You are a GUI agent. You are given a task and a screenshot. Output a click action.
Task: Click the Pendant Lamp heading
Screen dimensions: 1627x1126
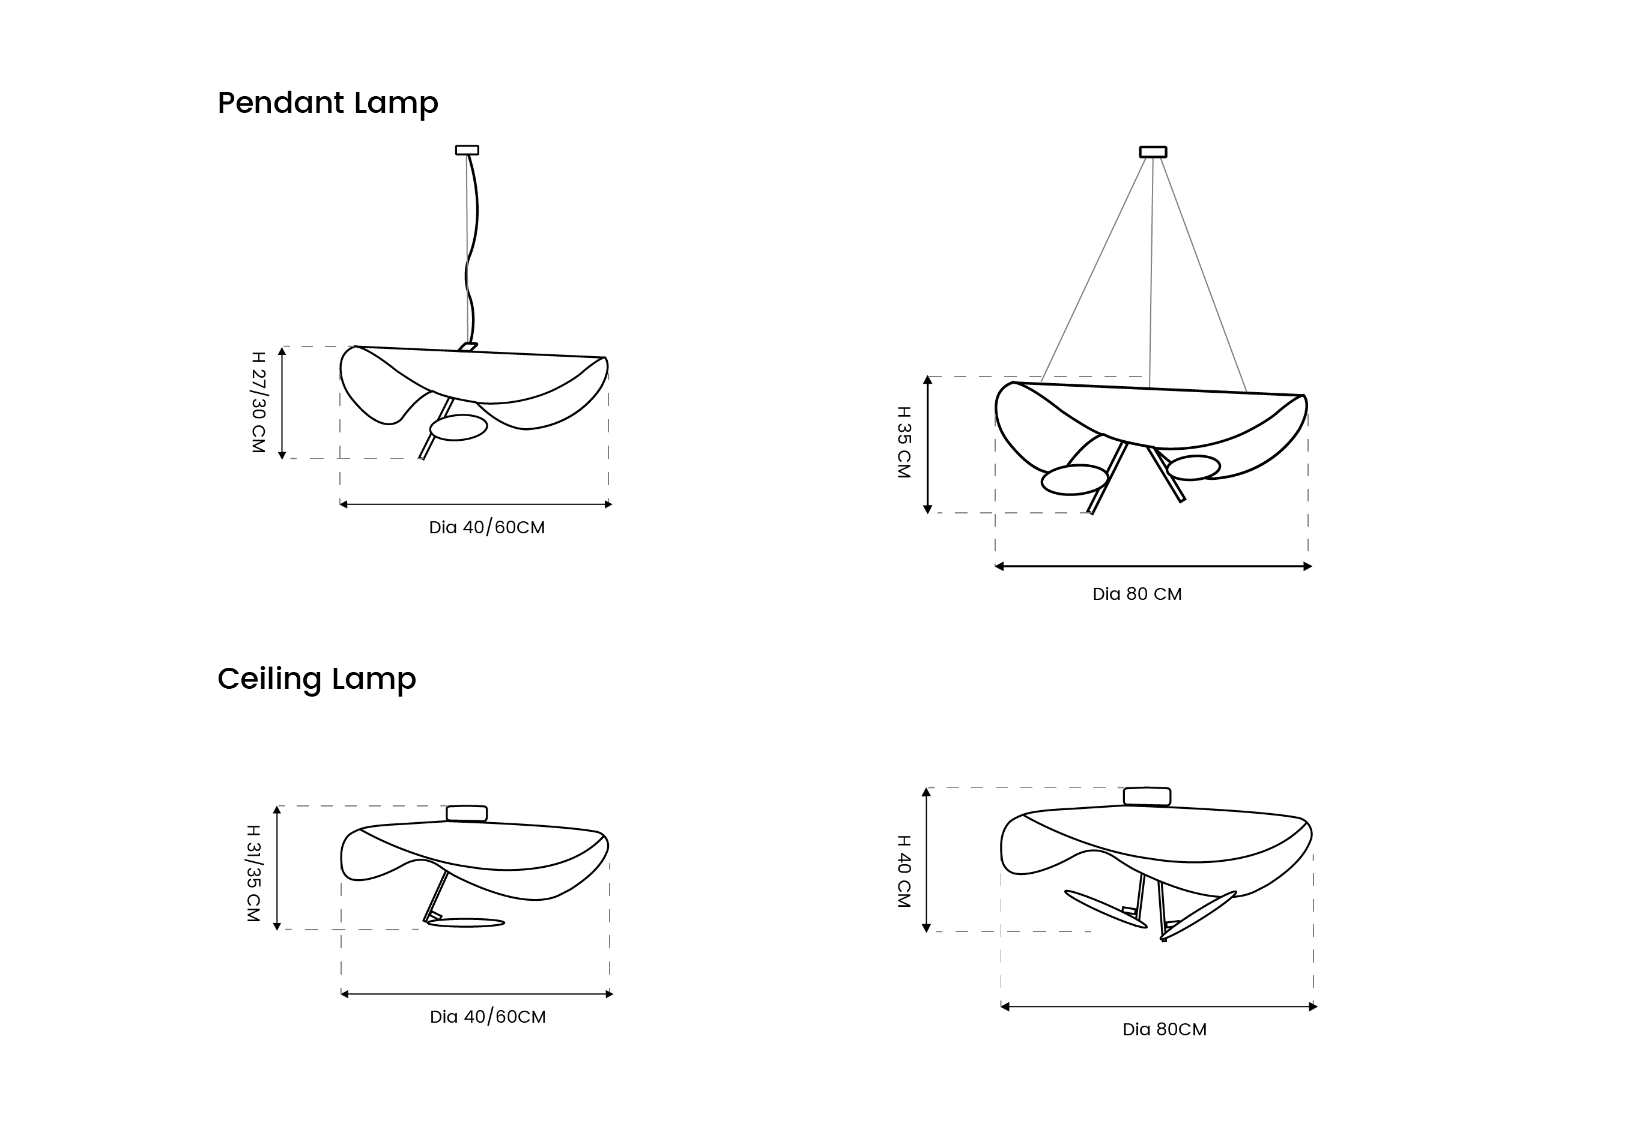point(328,103)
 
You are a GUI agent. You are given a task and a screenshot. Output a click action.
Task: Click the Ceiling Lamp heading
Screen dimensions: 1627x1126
point(317,679)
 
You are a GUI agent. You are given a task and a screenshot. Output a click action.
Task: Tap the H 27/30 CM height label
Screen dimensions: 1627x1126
point(258,402)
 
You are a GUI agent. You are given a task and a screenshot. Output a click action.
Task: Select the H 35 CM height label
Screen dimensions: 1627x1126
point(903,443)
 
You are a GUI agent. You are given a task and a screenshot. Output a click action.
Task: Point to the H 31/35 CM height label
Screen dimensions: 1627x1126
point(253,873)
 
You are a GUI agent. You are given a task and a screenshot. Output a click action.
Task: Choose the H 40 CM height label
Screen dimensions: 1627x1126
point(903,871)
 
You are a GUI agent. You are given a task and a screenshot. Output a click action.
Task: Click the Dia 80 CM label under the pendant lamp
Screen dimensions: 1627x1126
point(1137,594)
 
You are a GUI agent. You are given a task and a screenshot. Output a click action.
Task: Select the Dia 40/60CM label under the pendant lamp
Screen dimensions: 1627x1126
point(487,528)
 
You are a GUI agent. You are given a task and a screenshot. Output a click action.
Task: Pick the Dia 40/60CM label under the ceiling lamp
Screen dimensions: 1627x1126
point(488,1017)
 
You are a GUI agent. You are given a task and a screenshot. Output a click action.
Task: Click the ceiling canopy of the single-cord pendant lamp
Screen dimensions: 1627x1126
point(467,150)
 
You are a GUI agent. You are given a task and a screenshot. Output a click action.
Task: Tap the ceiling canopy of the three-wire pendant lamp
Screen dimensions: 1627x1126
point(1153,152)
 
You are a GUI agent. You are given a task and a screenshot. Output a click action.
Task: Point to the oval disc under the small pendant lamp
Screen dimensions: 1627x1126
point(459,428)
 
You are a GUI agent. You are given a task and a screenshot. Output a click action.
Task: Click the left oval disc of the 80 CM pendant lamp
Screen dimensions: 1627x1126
point(1074,480)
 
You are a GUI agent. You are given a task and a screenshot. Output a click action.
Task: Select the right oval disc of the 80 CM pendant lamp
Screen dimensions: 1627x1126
point(1193,468)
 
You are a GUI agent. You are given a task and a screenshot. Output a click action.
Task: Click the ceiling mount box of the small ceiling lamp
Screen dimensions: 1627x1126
point(467,814)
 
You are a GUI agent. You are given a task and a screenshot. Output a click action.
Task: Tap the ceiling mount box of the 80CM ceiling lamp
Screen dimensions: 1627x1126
point(1147,796)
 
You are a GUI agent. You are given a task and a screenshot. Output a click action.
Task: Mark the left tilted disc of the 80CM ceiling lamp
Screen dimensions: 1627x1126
point(1106,909)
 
